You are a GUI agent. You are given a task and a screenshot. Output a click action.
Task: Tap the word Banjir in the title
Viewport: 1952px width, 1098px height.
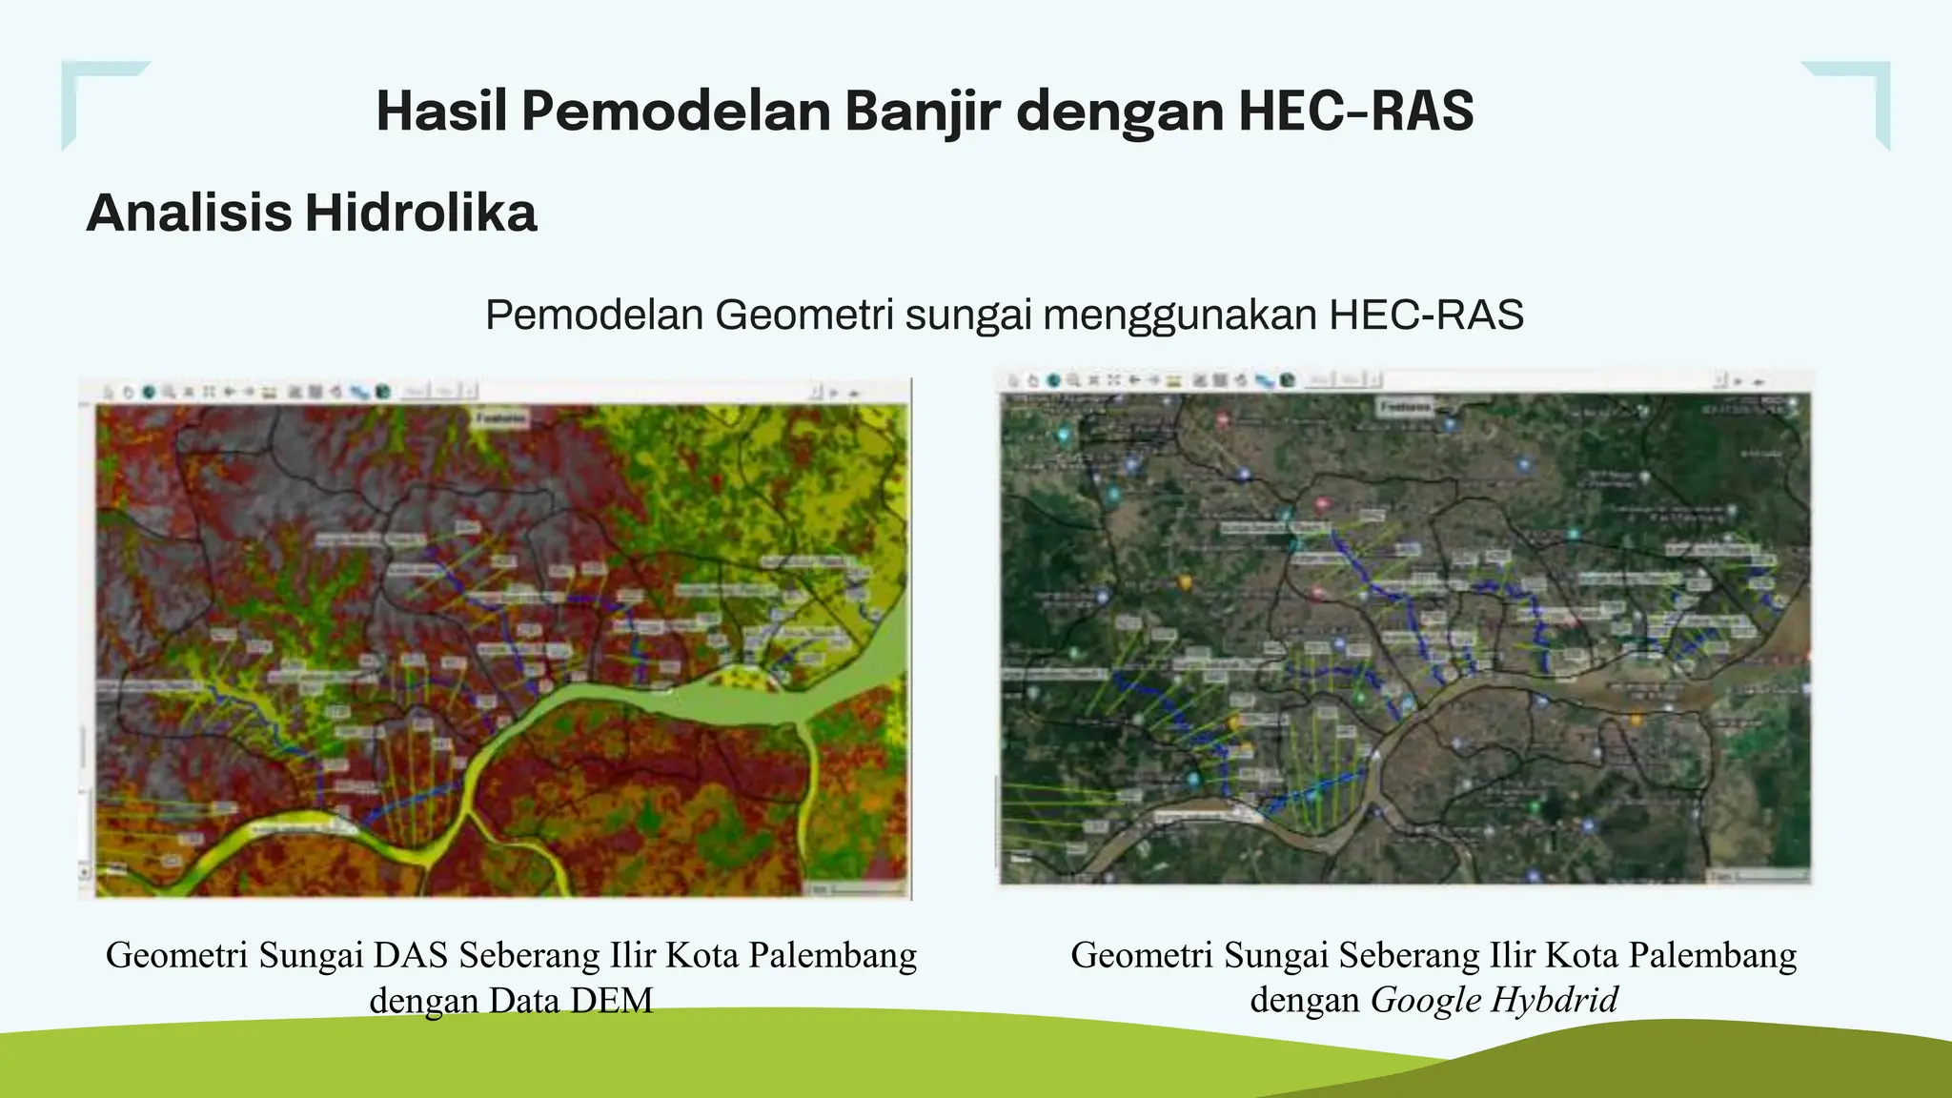click(x=922, y=111)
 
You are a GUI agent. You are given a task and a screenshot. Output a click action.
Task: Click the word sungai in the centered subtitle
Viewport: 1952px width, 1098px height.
click(x=967, y=315)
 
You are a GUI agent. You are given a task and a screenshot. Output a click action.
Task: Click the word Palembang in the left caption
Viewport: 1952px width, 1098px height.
click(x=833, y=955)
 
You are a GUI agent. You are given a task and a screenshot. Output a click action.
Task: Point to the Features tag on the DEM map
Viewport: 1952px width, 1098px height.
click(x=501, y=418)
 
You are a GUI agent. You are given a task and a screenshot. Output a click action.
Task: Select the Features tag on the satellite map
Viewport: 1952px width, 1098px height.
click(x=1404, y=407)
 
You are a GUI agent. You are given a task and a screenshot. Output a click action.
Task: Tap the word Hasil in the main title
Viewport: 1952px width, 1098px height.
click(x=441, y=111)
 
